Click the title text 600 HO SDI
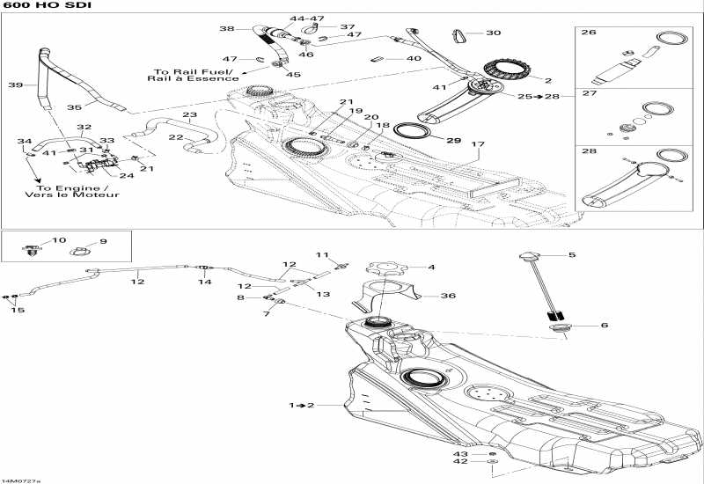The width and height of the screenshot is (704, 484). (x=34, y=7)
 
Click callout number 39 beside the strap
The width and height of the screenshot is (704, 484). (x=14, y=85)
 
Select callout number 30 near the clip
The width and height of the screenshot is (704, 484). (x=493, y=33)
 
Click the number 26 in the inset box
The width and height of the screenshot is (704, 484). (x=589, y=33)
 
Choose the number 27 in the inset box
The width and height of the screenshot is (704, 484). (x=589, y=92)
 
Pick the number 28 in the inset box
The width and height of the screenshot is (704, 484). (x=589, y=151)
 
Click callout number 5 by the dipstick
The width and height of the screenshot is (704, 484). (x=571, y=255)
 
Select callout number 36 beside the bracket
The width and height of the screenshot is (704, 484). (x=448, y=297)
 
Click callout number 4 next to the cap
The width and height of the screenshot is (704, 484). (x=431, y=268)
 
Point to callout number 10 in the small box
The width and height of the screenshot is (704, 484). (x=59, y=240)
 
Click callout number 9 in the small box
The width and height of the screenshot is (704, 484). (x=102, y=241)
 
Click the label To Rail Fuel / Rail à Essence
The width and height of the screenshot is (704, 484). (x=190, y=76)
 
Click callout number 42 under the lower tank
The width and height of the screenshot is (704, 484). (x=460, y=460)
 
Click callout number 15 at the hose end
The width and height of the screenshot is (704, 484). (x=16, y=310)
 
